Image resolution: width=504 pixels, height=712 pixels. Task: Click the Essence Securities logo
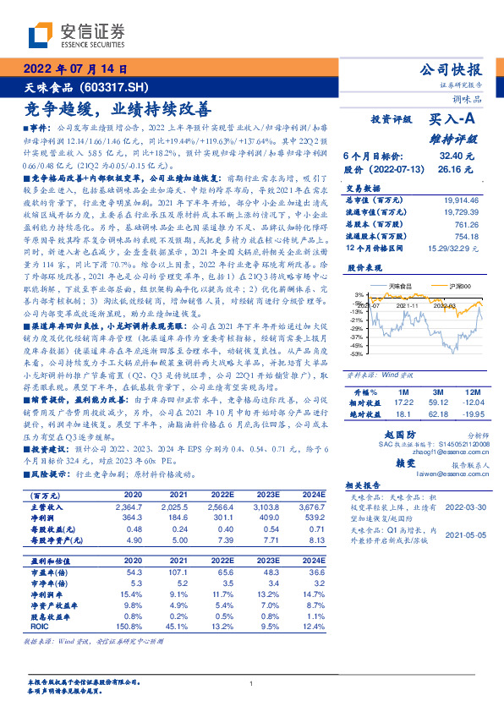pos(76,35)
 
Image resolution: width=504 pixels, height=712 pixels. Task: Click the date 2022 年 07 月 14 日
pos(75,69)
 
